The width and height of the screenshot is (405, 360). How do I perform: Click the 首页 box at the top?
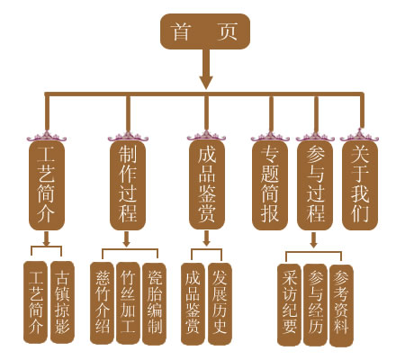[x=205, y=31]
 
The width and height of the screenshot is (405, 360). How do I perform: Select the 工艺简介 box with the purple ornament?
[x=47, y=185]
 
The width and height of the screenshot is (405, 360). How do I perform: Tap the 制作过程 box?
[x=128, y=185]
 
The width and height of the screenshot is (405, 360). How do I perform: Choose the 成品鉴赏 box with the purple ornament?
[x=207, y=184]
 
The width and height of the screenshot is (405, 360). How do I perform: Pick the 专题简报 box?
[x=270, y=185]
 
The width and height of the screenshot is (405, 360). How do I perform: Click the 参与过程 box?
[x=315, y=185]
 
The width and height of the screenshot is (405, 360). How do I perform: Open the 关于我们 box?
[x=360, y=185]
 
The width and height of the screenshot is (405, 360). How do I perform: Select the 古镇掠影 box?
[x=62, y=302]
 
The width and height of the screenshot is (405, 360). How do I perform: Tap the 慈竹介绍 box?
[x=103, y=303]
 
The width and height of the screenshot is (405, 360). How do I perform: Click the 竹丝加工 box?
[x=128, y=303]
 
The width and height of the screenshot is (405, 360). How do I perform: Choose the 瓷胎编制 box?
[x=154, y=304]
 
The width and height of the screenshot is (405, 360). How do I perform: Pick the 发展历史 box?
[x=220, y=304]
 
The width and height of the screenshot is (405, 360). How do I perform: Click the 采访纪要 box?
[x=289, y=305]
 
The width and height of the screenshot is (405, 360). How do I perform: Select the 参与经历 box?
[x=315, y=305]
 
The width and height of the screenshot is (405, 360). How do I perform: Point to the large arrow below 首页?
[x=206, y=69]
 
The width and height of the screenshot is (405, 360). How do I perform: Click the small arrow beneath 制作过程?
[x=127, y=239]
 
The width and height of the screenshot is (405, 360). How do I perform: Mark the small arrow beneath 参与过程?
[x=313, y=240]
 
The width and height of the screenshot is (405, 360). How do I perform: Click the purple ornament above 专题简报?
[x=270, y=137]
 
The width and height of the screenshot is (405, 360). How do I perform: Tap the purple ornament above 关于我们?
[x=359, y=136]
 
